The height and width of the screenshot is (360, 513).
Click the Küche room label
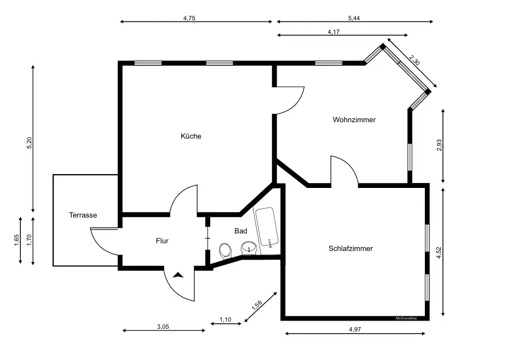click(x=191, y=136)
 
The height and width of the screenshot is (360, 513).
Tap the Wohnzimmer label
click(x=354, y=119)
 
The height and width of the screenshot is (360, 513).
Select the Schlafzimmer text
click(x=351, y=248)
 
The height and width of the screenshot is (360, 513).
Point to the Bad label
click(x=241, y=231)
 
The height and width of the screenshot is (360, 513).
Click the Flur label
click(x=162, y=241)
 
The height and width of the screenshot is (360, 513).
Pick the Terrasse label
click(x=83, y=215)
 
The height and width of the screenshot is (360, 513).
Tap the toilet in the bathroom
click(x=225, y=250)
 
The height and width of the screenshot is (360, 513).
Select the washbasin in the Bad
click(x=249, y=248)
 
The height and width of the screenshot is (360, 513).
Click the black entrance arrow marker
click(x=178, y=275)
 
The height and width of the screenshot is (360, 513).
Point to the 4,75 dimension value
click(x=189, y=18)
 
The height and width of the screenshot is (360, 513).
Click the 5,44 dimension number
click(x=354, y=18)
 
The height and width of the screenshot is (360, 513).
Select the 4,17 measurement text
click(x=333, y=32)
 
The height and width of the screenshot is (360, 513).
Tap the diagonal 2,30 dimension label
click(x=414, y=60)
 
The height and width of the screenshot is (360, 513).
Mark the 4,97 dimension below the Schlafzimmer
click(x=355, y=329)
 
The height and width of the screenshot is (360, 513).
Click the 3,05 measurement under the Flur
click(x=163, y=326)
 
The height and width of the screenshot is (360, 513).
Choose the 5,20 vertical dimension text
click(x=29, y=143)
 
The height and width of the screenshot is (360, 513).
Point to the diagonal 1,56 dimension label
click(x=257, y=305)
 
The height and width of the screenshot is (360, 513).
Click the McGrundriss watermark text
click(x=406, y=318)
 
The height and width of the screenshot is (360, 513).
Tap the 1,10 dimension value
click(x=225, y=319)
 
